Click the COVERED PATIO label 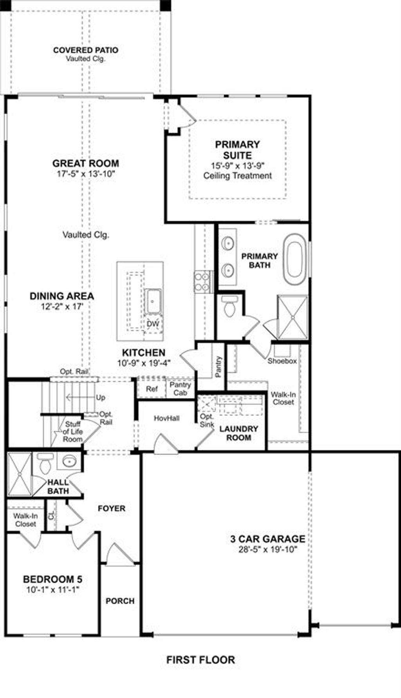[x=85, y=50]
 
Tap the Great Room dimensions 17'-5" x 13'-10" [x=86, y=174]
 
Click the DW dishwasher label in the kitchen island [x=153, y=324]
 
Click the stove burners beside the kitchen [x=202, y=282]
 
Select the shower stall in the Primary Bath [x=293, y=317]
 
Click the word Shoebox [x=282, y=361]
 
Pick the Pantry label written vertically [x=219, y=367]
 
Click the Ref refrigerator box [x=152, y=389]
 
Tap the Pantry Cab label [x=180, y=389]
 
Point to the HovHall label [x=167, y=418]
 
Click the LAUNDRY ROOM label [x=238, y=433]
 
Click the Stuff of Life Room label [x=73, y=431]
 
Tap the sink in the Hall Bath [x=69, y=462]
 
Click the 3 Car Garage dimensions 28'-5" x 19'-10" [x=268, y=549]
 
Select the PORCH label [x=120, y=601]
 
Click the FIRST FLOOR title [x=200, y=660]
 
